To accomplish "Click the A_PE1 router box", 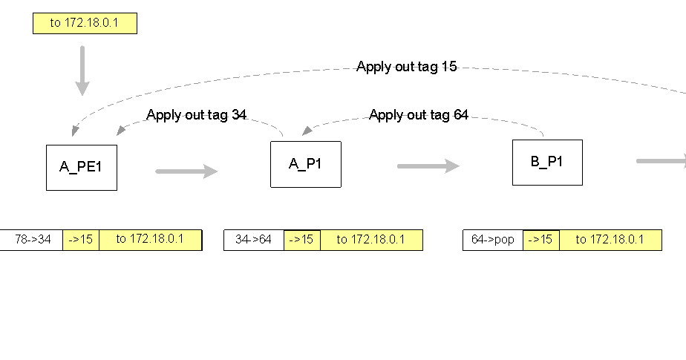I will tap(81, 167).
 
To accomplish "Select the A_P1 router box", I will tap(305, 164).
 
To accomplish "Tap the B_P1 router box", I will tap(547, 162).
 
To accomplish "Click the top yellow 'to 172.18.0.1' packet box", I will tap(85, 23).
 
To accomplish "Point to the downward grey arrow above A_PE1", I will tap(82, 71).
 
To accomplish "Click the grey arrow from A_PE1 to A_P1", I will tap(186, 171).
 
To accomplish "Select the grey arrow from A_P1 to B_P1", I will tap(428, 166).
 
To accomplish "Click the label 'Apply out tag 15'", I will tap(406, 67).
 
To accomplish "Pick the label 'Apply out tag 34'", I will tap(196, 115).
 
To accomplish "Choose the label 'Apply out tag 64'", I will tap(419, 115).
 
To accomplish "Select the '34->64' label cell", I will tap(254, 240).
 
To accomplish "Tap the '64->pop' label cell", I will tap(493, 240).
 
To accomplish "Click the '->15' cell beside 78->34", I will tap(81, 240).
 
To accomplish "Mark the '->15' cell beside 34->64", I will tap(302, 240).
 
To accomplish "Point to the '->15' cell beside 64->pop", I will tap(541, 240).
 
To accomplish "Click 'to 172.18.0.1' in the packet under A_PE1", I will tap(150, 240).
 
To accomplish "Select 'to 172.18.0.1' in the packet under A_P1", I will tap(371, 240).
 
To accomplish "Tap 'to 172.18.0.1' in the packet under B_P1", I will tap(610, 240).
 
